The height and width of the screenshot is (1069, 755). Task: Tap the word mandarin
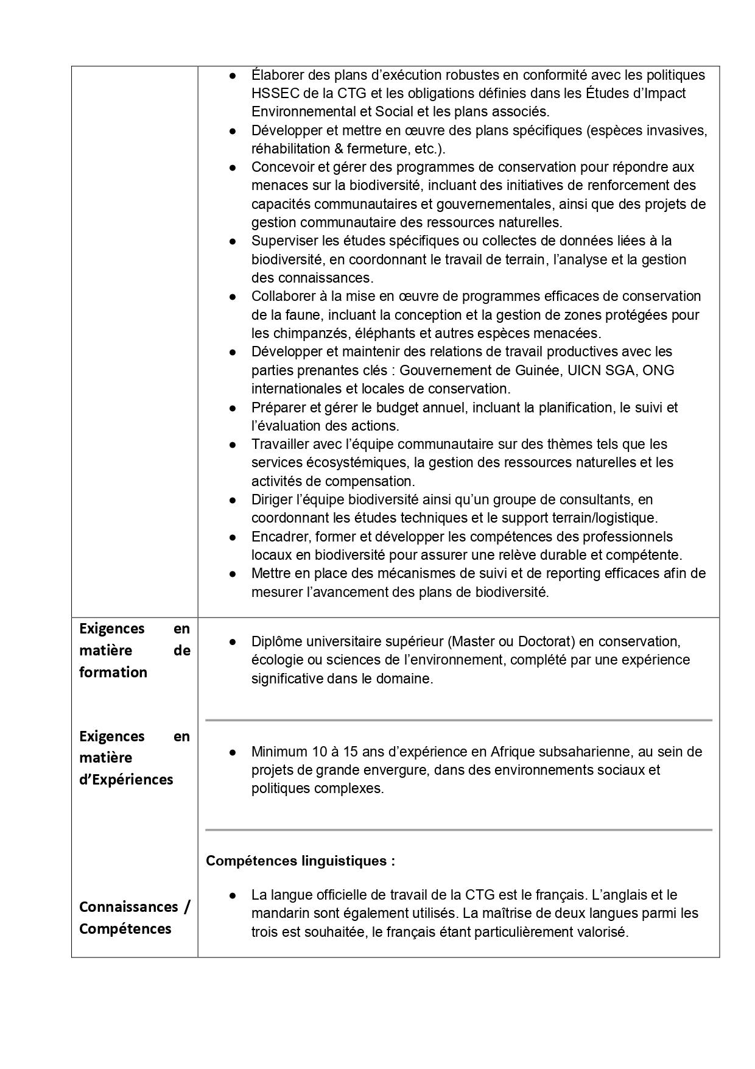point(280,914)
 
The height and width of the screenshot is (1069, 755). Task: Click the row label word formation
point(113,672)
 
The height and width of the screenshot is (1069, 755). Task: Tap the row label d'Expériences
point(126,780)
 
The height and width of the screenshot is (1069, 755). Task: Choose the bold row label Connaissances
point(128,907)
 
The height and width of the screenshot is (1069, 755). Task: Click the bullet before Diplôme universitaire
point(233,642)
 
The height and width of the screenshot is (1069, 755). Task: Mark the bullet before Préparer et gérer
point(233,407)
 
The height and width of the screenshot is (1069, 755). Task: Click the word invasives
point(679,130)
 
